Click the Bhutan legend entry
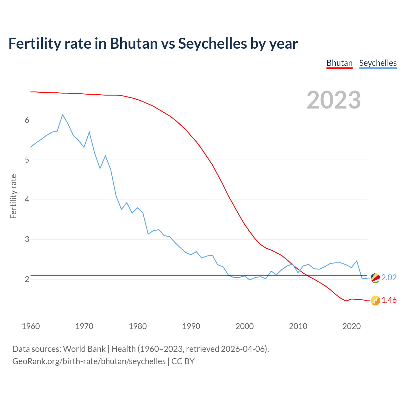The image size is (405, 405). coord(339,63)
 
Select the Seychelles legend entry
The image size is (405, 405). coord(378,63)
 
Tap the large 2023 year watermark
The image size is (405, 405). coord(334,100)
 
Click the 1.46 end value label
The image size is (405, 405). coord(389,300)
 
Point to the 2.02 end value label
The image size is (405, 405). coord(389,277)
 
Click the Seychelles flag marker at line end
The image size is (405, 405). coord(375,278)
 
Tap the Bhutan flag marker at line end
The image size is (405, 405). coord(375,301)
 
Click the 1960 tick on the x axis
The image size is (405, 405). coord(31,326)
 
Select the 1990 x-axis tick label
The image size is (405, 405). coord(191,326)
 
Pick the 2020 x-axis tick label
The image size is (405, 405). coord(352,326)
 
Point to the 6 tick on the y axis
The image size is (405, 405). coord(27,120)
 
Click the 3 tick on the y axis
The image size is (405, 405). coord(27,240)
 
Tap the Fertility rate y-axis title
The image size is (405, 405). coord(13,196)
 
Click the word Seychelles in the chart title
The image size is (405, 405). coord(212,43)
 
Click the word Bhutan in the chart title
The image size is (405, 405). coord(134,43)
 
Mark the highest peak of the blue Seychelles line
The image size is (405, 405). coord(63,115)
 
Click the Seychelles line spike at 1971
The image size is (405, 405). coord(89,132)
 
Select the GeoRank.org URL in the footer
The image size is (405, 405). coord(89,361)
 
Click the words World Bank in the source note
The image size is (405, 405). coord(84,349)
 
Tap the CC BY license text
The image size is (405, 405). coord(183,361)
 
